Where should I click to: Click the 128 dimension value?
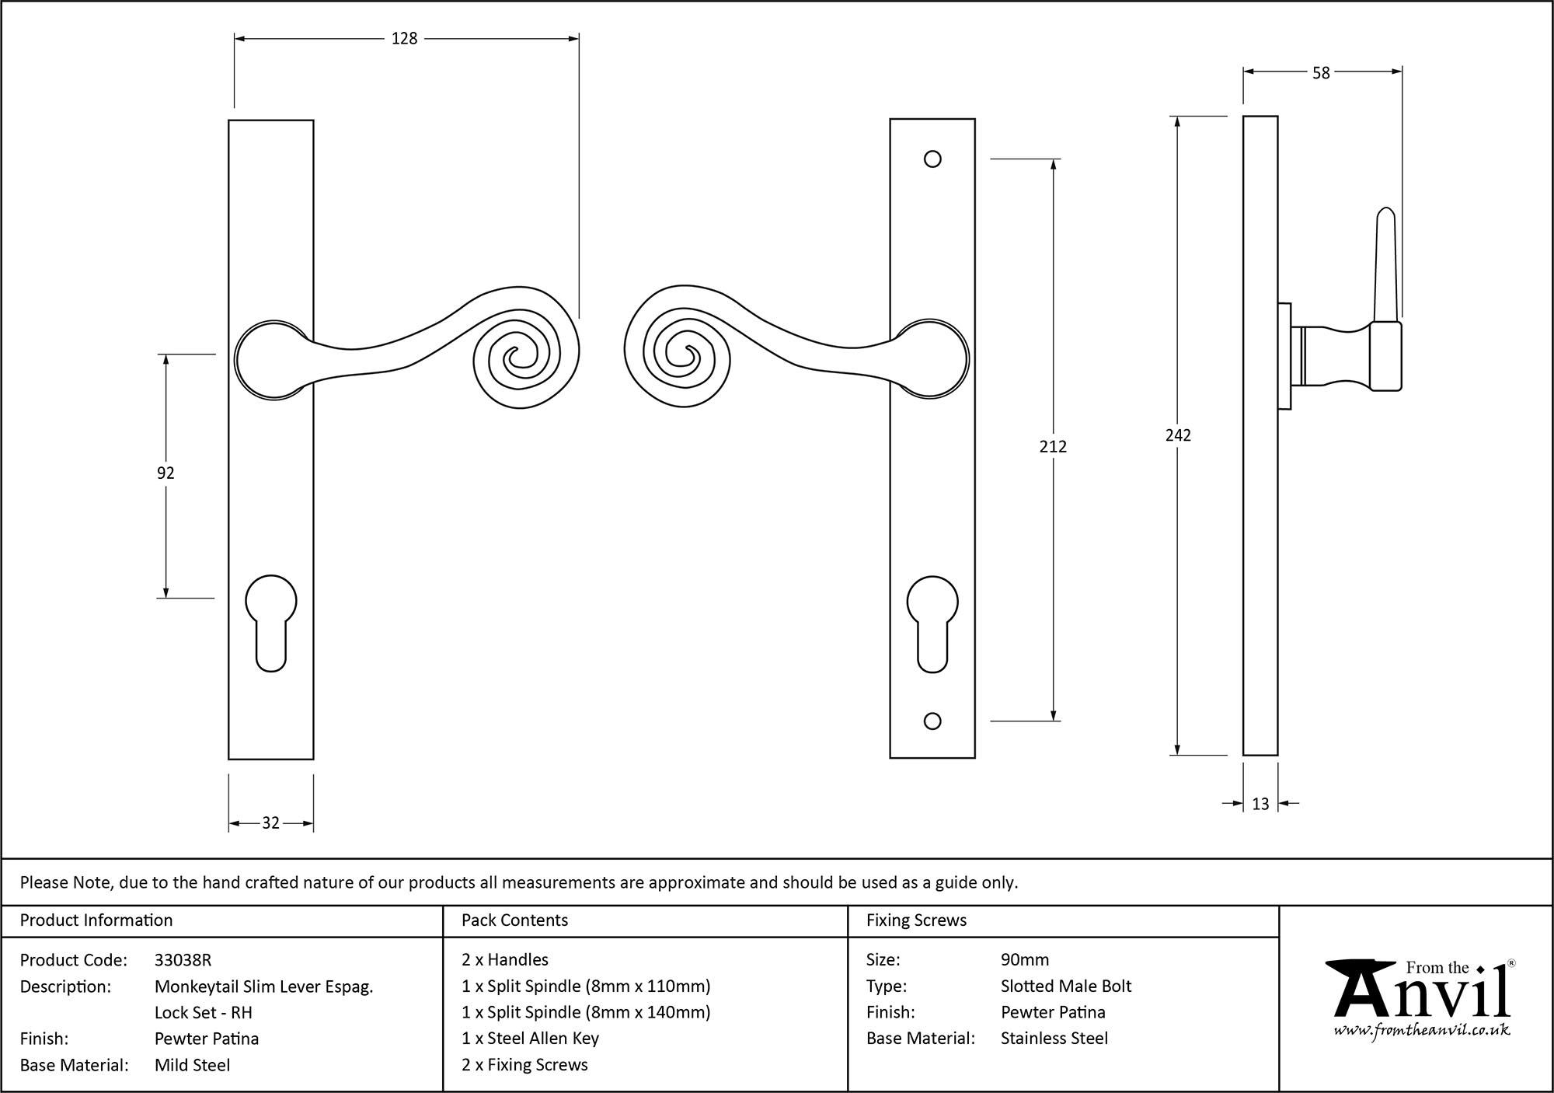(x=404, y=38)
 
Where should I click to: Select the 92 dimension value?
(x=166, y=473)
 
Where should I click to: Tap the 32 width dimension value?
(x=270, y=823)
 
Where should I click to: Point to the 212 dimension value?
(x=1053, y=446)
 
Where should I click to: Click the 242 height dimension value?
(x=1178, y=435)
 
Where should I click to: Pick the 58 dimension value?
(x=1321, y=73)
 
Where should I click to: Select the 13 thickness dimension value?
(x=1260, y=804)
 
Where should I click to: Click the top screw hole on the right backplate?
(x=932, y=159)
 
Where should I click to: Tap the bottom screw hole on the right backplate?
(x=932, y=721)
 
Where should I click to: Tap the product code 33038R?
(x=183, y=960)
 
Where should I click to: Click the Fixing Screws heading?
(x=916, y=920)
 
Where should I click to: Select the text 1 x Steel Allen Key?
(x=530, y=1039)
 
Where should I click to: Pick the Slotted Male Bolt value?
(x=1065, y=986)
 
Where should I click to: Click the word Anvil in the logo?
(x=1421, y=997)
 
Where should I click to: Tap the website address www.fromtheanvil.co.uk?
(x=1422, y=1030)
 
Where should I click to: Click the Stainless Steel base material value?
(x=1054, y=1039)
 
